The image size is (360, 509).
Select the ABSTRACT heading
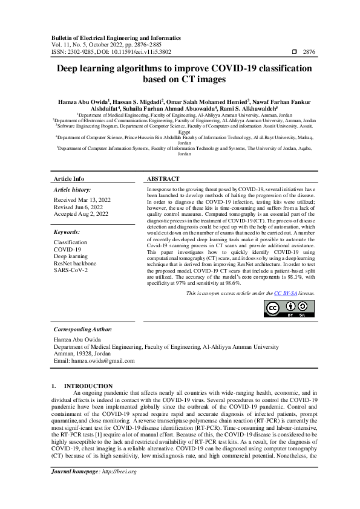[163, 180]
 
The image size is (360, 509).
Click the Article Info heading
[69, 180]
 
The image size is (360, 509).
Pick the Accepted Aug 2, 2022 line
[82, 214]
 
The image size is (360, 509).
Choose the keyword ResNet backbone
[75, 264]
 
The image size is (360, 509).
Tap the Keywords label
[67, 232]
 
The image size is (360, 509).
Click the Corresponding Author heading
[83, 329]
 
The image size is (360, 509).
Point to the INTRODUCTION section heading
[88, 386]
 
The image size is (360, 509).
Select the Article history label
[71, 190]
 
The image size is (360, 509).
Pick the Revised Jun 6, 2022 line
[79, 207]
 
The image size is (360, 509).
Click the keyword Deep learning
[71, 256]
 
